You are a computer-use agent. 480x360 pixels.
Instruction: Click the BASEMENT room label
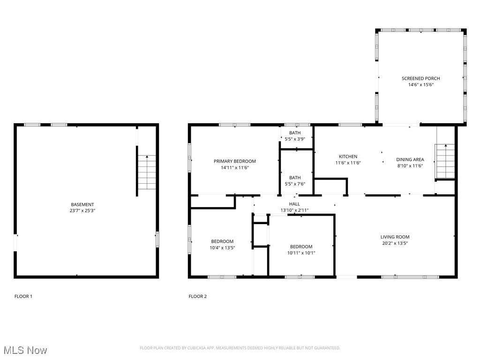[x=82, y=204]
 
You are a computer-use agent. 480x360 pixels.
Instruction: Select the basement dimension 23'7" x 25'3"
[x=82, y=211]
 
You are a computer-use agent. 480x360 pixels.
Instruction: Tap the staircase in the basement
[x=147, y=172]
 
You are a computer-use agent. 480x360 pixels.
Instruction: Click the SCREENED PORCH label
[x=420, y=78]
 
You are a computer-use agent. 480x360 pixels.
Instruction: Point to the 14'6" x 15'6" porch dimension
[x=420, y=85]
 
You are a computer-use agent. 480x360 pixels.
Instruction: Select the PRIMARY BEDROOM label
[x=235, y=161]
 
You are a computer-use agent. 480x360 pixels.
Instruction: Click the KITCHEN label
[x=348, y=157]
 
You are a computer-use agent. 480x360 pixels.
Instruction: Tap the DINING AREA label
[x=410, y=159]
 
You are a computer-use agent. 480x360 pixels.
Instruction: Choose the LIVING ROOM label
[x=395, y=237]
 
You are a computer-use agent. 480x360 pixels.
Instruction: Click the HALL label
[x=294, y=204]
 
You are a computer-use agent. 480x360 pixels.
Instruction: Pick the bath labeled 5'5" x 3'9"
[x=295, y=136]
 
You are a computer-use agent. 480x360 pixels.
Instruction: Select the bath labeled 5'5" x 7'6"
[x=295, y=180]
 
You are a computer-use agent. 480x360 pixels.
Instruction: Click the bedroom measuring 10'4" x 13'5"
[x=222, y=244]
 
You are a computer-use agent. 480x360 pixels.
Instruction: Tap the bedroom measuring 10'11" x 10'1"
[x=301, y=249]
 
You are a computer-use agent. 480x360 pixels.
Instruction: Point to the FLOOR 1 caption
[x=23, y=296]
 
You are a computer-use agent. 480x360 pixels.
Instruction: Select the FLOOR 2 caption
[x=197, y=296]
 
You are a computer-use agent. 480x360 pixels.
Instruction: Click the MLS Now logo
[x=25, y=350]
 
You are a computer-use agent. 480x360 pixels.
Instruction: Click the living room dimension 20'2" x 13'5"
[x=395, y=243]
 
